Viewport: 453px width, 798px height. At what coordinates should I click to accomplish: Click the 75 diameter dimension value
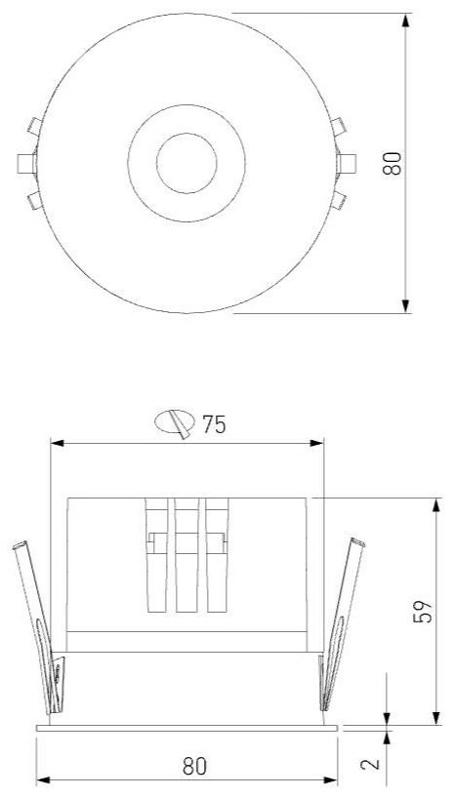pos(214,424)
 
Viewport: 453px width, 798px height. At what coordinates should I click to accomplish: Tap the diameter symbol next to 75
pos(176,423)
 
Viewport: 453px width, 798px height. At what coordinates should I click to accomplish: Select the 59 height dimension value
pos(423,611)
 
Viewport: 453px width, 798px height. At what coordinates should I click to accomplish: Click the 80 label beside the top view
pos(391,163)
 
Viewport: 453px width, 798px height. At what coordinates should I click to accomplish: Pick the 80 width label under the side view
pos(195,767)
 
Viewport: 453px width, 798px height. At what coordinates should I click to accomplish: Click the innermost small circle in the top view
pos(186,163)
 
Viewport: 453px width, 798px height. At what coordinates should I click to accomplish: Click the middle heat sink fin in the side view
pos(187,555)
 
